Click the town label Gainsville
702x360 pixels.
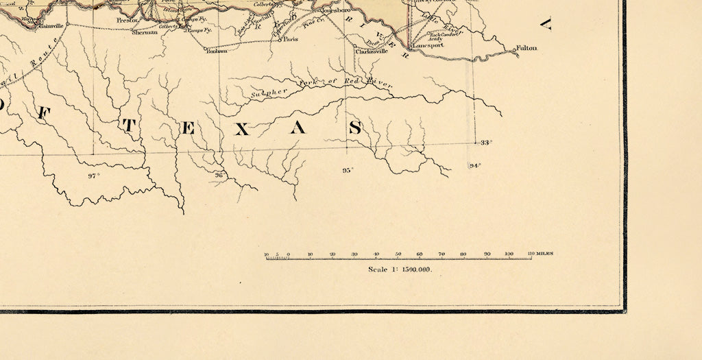(x=51, y=26)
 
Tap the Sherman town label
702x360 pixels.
(x=145, y=32)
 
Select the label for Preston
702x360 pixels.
(x=128, y=21)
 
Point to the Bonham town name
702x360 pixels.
(x=217, y=50)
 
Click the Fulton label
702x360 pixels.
(x=528, y=48)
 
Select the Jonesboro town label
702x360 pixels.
(x=336, y=11)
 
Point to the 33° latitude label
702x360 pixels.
(x=486, y=143)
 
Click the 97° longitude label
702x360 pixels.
(x=94, y=176)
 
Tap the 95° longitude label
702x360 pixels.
(x=348, y=169)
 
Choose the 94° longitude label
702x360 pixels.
(x=475, y=166)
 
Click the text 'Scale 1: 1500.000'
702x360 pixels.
(x=400, y=269)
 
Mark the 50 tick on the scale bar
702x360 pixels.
(x=398, y=254)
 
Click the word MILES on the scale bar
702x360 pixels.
(x=546, y=254)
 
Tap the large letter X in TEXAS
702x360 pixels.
(x=242, y=128)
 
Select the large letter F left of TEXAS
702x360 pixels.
(x=43, y=114)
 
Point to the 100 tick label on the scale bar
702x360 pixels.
(x=509, y=254)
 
